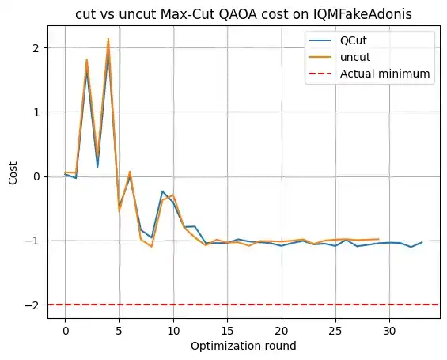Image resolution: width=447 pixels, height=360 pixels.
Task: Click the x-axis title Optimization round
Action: [x=243, y=346]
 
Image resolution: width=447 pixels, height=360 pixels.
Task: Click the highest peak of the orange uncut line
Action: [x=108, y=39]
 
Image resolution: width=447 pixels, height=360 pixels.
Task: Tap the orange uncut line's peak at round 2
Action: [x=87, y=59]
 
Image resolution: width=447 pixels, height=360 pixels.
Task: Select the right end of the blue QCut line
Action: [x=422, y=242]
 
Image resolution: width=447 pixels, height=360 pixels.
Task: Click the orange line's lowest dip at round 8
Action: [x=151, y=247]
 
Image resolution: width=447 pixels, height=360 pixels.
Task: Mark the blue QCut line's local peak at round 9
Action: [x=162, y=191]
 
